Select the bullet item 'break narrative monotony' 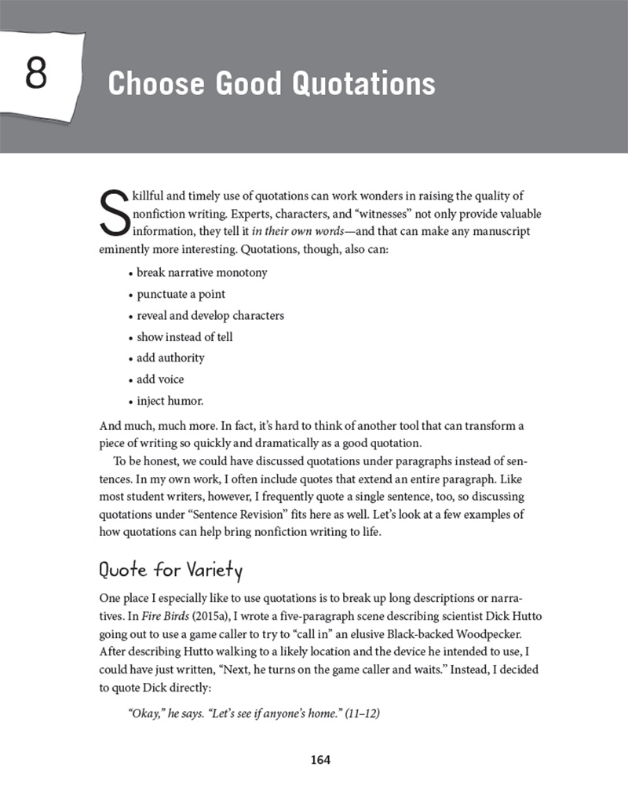pos(202,273)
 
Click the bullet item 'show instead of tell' pos(184,336)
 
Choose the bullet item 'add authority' pos(170,358)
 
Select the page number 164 pos(320,759)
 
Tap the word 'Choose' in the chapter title pos(152,83)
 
